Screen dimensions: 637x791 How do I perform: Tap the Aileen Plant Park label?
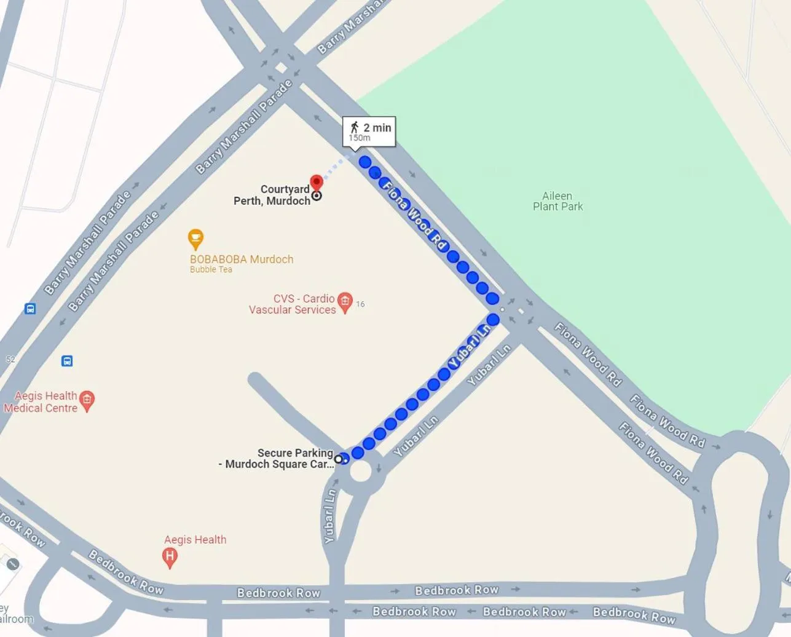(x=557, y=201)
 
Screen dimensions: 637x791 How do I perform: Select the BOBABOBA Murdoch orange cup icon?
(x=195, y=238)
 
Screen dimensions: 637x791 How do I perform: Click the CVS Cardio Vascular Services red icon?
(x=345, y=301)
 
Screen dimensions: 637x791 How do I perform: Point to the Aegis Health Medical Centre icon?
(x=87, y=401)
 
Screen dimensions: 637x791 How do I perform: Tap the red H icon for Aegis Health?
(x=170, y=557)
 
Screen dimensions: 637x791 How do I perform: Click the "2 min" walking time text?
(x=377, y=127)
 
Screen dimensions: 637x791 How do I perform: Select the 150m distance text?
(x=360, y=138)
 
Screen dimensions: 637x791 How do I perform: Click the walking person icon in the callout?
(x=354, y=127)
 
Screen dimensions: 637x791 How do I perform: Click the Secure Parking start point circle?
(x=338, y=459)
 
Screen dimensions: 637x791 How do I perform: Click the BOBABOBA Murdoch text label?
(x=242, y=259)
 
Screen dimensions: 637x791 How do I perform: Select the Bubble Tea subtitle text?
(x=211, y=269)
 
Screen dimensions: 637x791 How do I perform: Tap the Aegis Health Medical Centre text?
(x=41, y=402)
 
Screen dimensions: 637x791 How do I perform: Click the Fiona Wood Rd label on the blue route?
(x=414, y=215)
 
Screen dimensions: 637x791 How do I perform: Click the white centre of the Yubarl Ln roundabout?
(x=360, y=472)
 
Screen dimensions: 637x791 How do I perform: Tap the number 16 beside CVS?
(x=360, y=304)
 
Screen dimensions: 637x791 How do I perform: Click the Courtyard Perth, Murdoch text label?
(x=272, y=195)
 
